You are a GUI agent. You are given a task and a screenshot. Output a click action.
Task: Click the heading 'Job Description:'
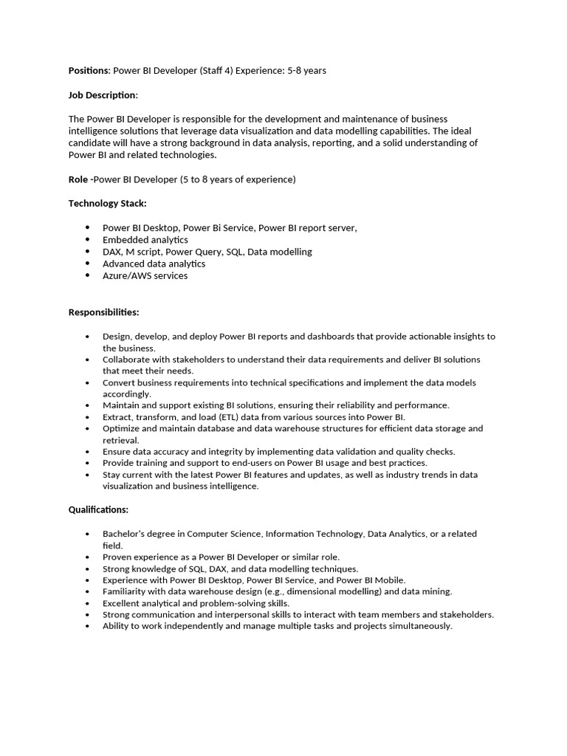tap(103, 95)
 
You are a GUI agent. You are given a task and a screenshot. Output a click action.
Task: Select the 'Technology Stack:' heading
tap(107, 203)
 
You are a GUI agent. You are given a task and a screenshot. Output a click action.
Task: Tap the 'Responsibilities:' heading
tap(103, 312)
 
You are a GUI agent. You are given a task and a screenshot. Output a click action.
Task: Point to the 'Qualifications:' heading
tap(98, 509)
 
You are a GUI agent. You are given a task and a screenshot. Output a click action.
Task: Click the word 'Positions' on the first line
tap(89, 71)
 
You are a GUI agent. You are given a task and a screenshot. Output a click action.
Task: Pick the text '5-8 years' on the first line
tap(306, 71)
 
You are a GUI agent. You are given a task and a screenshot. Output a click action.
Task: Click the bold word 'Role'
tap(78, 179)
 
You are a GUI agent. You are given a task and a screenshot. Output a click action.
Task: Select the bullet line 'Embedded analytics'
tap(145, 240)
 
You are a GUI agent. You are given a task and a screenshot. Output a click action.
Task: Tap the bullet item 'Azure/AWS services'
tap(145, 275)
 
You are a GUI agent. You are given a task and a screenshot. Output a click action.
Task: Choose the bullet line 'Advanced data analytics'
tap(154, 264)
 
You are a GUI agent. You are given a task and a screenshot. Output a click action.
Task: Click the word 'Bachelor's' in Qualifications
tap(125, 534)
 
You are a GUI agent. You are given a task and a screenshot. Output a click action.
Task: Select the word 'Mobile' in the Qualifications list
tap(389, 580)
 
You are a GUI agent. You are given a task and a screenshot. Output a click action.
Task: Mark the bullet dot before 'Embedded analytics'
tap(88, 240)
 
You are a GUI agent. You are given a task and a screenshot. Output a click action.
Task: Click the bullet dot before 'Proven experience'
tap(88, 557)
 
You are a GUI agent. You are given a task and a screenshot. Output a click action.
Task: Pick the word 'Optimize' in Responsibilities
tap(121, 428)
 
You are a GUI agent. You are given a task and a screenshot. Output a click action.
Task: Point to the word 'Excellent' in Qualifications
tap(123, 603)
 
